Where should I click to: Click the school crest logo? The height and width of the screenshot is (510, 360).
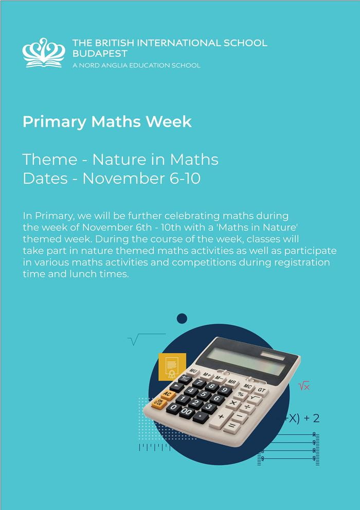[x=44, y=52]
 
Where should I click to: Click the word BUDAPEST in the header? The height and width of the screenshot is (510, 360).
[x=100, y=53]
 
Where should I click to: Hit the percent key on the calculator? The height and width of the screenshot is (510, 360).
[x=241, y=394]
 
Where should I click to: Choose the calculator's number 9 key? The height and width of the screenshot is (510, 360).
[x=224, y=390]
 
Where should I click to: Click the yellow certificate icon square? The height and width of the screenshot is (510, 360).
[x=171, y=366]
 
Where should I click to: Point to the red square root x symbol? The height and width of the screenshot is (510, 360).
[x=304, y=386]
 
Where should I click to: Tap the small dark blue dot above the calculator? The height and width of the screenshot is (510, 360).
[x=182, y=319]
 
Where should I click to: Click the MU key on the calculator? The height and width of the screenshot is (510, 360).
[x=193, y=371]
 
